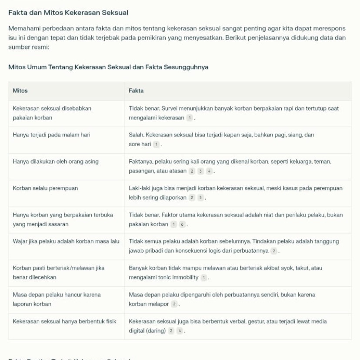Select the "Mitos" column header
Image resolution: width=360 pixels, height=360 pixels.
tap(20, 91)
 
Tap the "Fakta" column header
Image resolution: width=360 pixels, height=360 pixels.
tap(136, 91)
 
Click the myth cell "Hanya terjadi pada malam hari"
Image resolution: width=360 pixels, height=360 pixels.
tap(51, 135)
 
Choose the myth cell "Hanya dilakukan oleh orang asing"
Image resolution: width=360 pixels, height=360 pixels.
tap(56, 161)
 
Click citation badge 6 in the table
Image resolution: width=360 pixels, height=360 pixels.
tap(183, 224)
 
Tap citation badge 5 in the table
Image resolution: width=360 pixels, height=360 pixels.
tap(201, 198)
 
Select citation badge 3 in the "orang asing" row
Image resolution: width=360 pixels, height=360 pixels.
tap(201, 171)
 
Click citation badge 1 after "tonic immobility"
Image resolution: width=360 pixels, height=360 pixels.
tap(203, 277)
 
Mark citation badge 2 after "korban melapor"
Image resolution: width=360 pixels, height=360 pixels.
tap(174, 304)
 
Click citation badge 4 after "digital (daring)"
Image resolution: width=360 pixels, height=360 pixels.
tap(180, 331)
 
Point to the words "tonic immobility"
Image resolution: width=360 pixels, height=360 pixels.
tap(180, 277)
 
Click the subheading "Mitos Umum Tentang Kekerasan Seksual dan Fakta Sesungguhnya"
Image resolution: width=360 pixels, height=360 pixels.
tap(108, 67)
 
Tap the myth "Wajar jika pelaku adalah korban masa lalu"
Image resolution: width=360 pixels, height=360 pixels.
tap(66, 241)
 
